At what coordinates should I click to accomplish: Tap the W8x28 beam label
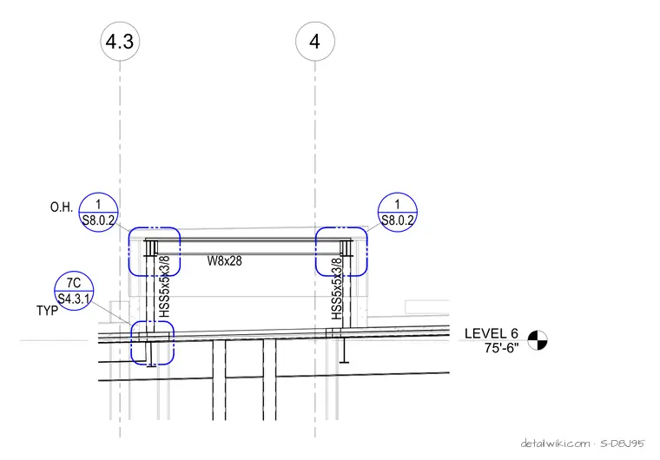tap(224, 261)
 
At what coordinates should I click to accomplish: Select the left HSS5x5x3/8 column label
tap(164, 286)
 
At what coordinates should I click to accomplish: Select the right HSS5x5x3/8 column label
tap(337, 289)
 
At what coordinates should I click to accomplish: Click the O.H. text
tap(62, 207)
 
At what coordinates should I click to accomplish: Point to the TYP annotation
tap(47, 311)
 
